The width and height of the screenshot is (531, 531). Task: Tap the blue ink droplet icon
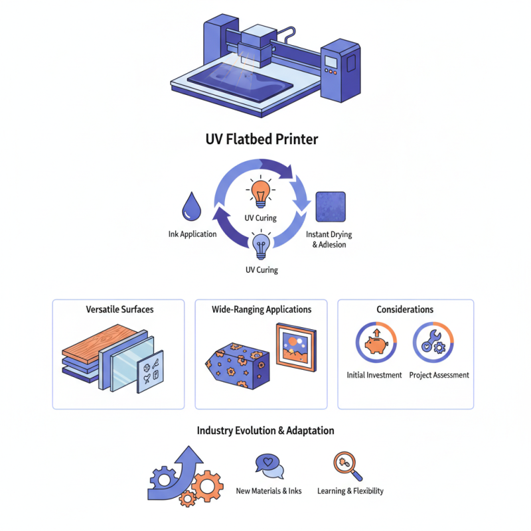192,208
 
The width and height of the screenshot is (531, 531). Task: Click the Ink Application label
192,234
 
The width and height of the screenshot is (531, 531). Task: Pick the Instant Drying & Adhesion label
330,240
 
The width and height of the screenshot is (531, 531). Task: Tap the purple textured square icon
331,206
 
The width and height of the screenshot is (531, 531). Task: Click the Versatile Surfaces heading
118,309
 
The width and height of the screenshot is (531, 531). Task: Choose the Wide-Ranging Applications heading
262,309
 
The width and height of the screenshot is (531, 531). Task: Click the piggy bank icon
375,342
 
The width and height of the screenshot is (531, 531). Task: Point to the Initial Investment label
374,375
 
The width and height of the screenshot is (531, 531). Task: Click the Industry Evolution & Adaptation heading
265,431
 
